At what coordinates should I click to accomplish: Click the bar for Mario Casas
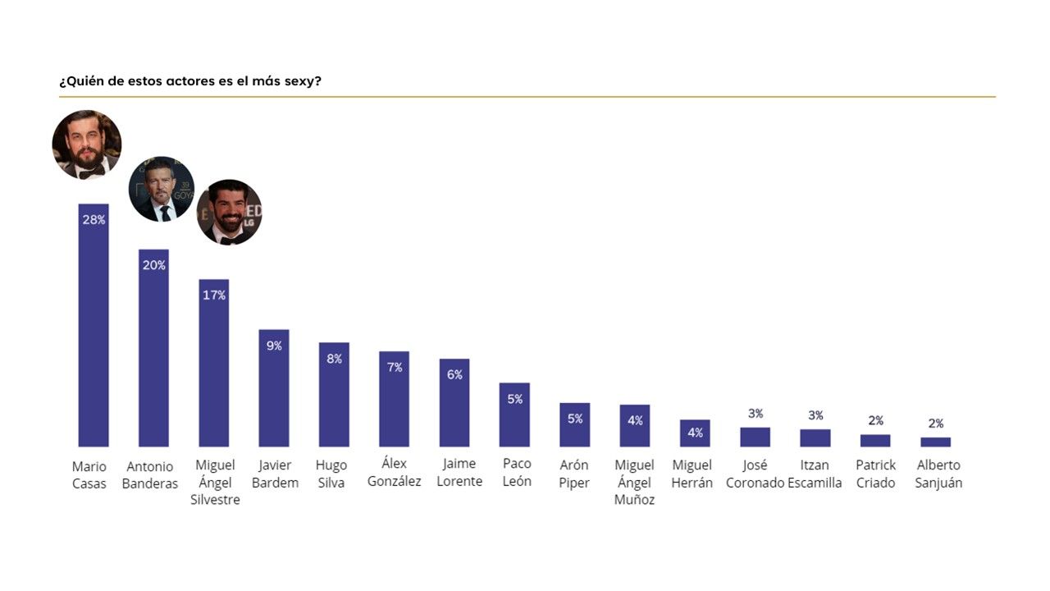94,328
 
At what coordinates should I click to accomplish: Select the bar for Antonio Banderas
153,353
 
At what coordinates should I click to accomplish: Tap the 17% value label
214,295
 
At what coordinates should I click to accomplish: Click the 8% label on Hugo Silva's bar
334,359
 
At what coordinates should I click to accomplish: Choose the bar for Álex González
394,402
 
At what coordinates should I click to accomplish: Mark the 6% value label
454,374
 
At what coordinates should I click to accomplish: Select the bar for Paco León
514,419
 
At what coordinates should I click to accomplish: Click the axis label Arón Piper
574,474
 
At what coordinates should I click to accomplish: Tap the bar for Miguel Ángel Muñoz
634,431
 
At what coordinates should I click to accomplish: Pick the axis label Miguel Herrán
692,474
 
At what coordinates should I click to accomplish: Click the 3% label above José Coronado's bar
756,414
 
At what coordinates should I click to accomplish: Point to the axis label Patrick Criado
876,474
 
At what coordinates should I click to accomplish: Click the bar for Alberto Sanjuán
935,442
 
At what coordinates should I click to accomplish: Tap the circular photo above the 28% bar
87,144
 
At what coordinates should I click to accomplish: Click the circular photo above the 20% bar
162,189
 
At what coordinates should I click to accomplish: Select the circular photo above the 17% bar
229,212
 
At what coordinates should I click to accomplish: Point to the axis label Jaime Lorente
459,473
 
